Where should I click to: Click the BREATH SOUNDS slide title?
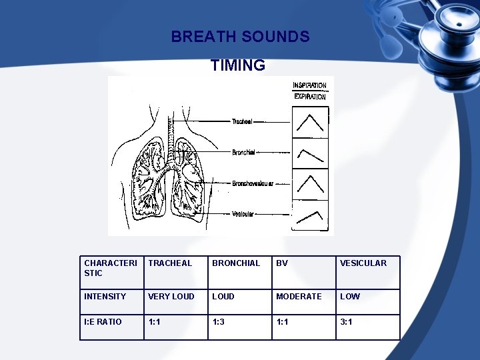tap(240, 37)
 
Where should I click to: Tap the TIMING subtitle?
tap(238, 65)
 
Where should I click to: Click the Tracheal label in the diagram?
tap(242, 121)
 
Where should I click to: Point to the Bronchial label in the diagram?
tap(243, 153)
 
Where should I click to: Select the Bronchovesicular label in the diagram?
tap(252, 183)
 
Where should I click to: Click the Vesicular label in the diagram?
tap(242, 214)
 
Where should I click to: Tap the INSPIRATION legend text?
tap(310, 85)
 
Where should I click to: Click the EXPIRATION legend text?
tap(310, 97)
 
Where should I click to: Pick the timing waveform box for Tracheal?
tap(310, 122)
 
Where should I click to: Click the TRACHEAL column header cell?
tap(176, 273)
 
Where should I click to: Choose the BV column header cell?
tap(304, 273)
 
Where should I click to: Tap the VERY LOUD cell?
tap(176, 302)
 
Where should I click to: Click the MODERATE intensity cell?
tap(304, 302)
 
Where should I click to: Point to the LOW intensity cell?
tap(368, 302)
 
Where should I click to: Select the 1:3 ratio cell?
tap(240, 327)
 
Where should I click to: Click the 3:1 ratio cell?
tap(368, 327)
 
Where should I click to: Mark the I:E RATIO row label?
tap(112, 327)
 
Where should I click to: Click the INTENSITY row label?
tap(112, 302)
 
